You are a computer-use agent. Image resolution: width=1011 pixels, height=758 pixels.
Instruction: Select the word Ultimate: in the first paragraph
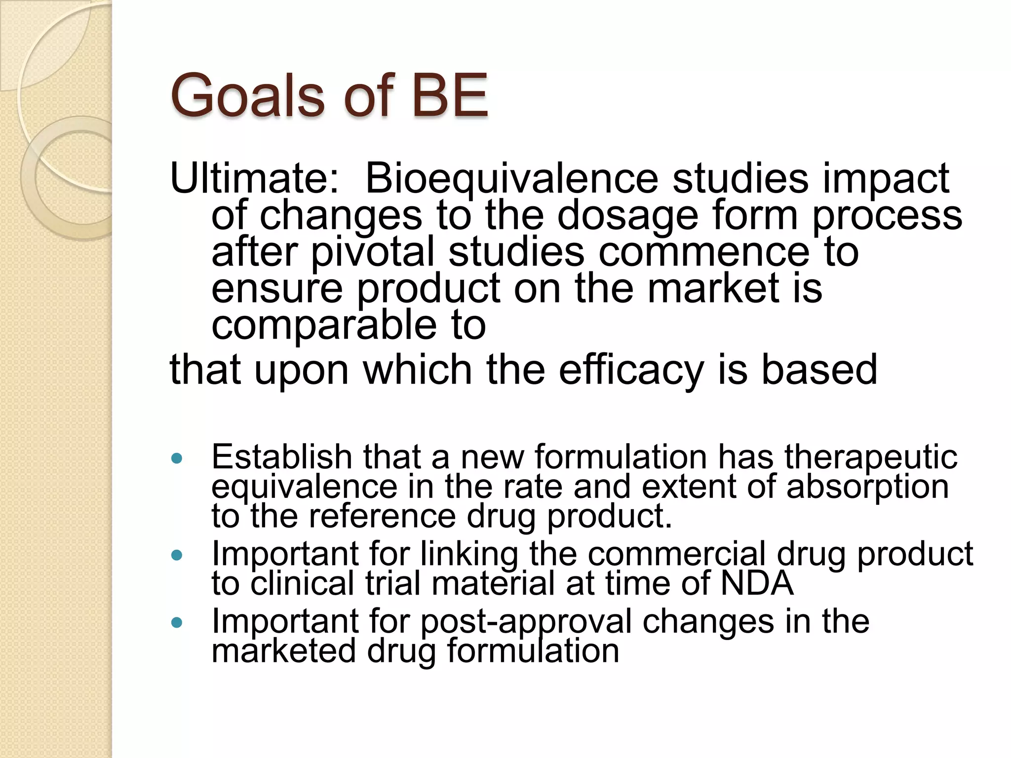(x=255, y=179)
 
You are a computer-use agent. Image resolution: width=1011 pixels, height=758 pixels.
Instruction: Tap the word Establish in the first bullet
(x=281, y=457)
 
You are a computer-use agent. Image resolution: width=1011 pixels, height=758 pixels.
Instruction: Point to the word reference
(x=382, y=516)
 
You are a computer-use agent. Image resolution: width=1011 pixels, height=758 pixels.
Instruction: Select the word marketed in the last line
(x=283, y=650)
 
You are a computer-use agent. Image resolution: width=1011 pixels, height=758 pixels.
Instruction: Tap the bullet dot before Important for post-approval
(x=176, y=623)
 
